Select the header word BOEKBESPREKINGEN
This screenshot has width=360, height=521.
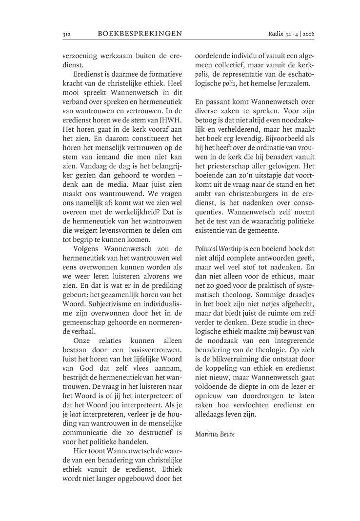(x=140, y=34)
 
